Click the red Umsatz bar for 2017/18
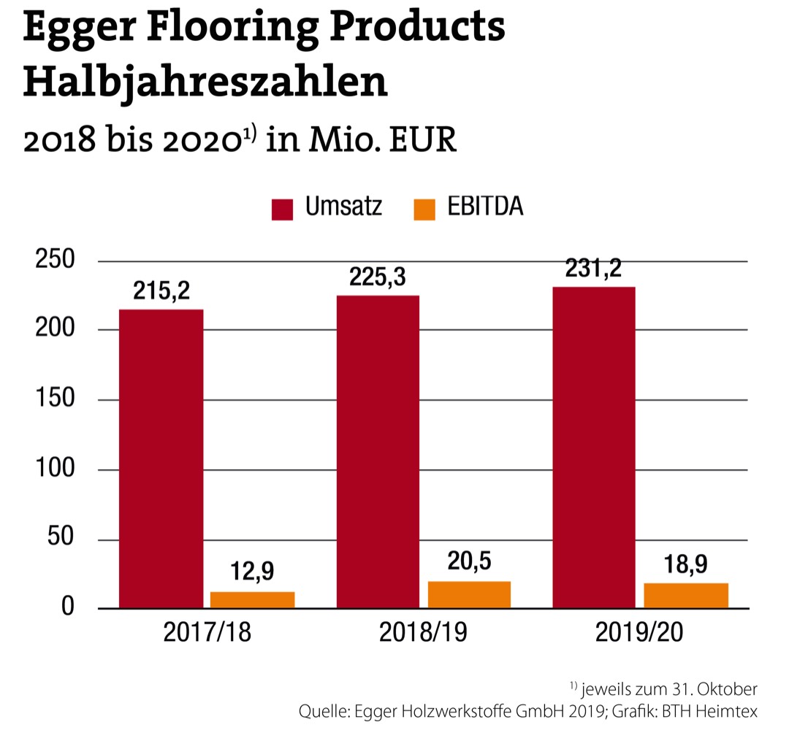pyautogui.click(x=161, y=458)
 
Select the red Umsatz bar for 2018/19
pyautogui.click(x=378, y=451)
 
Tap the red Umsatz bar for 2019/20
pyautogui.click(x=593, y=447)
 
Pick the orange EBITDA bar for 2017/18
pyautogui.click(x=253, y=599)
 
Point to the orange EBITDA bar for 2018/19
pyautogui.click(x=469, y=594)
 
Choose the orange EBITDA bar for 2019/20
pyautogui.click(x=686, y=596)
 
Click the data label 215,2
pyautogui.click(x=161, y=291)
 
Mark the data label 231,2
pyautogui.click(x=593, y=269)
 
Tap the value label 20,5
pyautogui.click(x=469, y=561)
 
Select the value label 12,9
pyautogui.click(x=253, y=571)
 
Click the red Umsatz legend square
pyautogui.click(x=282, y=209)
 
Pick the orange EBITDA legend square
pyautogui.click(x=424, y=209)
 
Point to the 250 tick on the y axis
pyautogui.click(x=56, y=261)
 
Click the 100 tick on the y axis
pyautogui.click(x=56, y=469)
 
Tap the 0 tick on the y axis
pyautogui.click(x=67, y=607)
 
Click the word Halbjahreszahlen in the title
pyautogui.click(x=205, y=82)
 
